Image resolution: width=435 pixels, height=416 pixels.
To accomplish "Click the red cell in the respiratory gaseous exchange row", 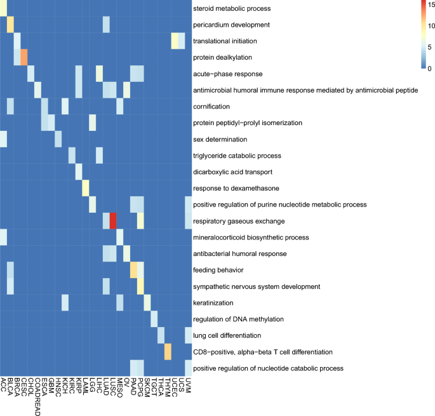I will point(113,220).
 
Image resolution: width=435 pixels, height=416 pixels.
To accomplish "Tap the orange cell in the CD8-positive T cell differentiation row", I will point(168,351).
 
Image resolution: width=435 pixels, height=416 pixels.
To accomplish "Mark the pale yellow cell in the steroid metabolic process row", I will point(3,8).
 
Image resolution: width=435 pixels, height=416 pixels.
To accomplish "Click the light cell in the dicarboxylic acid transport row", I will point(79,171).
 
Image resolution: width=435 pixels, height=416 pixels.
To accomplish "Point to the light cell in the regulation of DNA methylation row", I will point(154,318).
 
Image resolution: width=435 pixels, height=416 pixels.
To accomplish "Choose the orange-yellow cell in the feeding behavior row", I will point(133,269).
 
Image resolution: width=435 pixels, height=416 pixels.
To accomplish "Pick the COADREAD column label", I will point(37,397).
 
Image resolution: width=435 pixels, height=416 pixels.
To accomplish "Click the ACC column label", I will point(3,385).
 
